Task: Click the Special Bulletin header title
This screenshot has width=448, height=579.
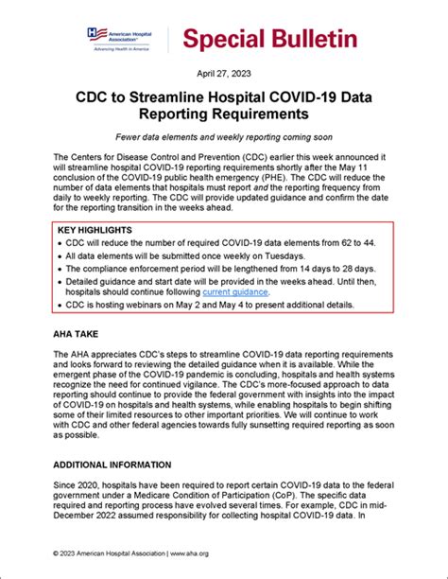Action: (270, 39)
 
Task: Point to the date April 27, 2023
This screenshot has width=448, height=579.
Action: (224, 72)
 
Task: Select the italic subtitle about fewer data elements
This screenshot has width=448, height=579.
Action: (224, 136)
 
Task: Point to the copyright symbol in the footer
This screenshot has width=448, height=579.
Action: (58, 550)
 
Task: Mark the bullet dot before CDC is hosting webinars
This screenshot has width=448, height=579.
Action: (60, 307)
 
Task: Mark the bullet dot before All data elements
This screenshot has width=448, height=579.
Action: (60, 257)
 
